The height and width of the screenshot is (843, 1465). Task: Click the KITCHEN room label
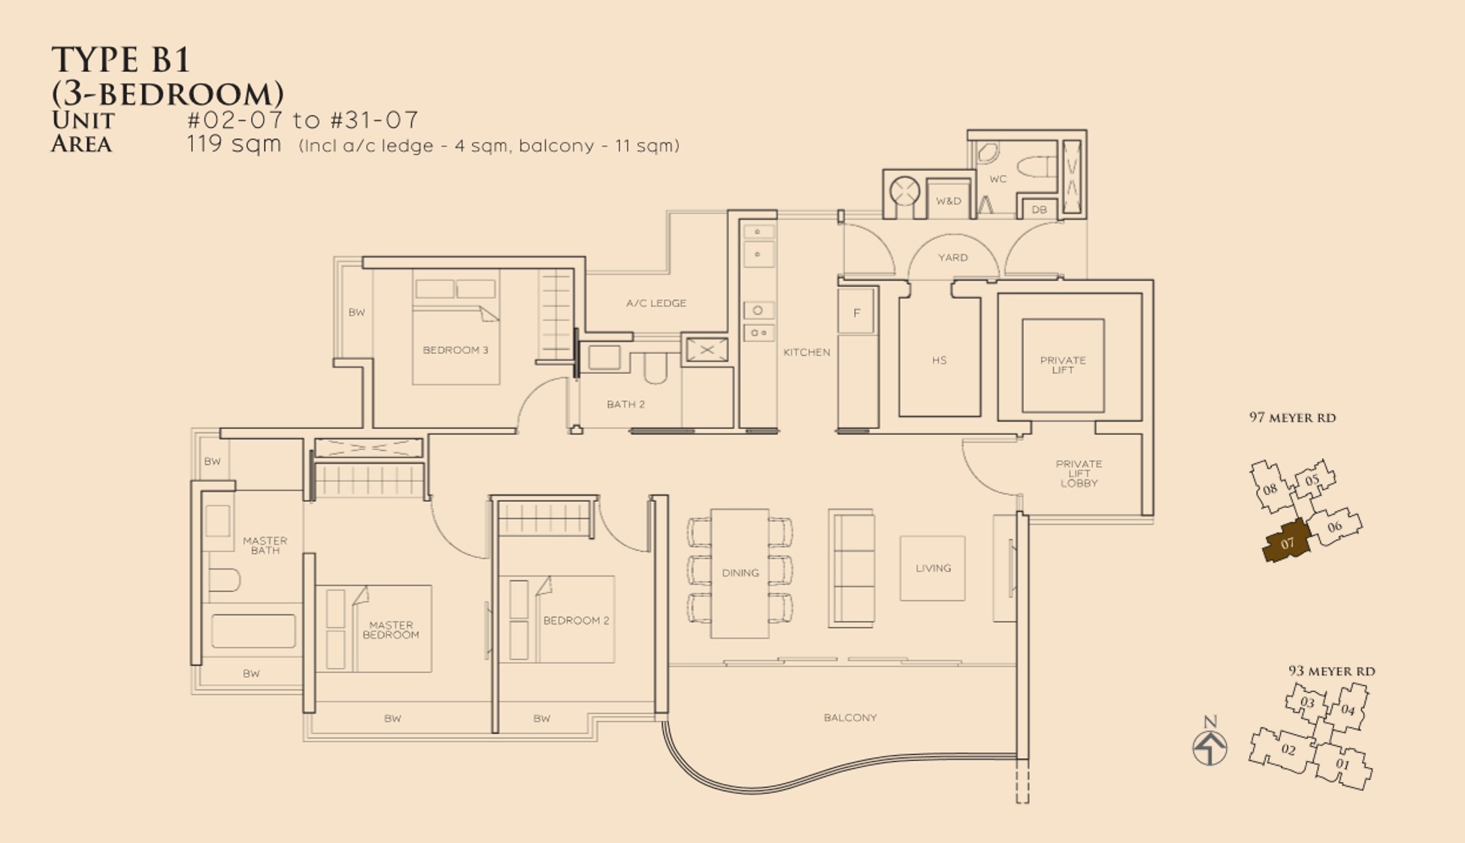coord(807,352)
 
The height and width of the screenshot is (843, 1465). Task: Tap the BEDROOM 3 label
coord(456,349)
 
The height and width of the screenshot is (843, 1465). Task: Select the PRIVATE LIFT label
coord(1063,365)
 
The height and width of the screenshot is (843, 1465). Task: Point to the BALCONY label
coord(850,718)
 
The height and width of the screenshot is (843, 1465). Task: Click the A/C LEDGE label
coord(656,303)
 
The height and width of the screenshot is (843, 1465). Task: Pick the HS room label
coord(939,360)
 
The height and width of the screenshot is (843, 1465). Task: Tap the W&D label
coord(949,201)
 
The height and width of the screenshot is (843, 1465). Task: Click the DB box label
coord(1039,210)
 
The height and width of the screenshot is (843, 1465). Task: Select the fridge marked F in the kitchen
coord(856,313)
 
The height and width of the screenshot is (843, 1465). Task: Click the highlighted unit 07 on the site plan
coord(1287,542)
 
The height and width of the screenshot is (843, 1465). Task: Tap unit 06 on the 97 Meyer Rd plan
coord(1335,527)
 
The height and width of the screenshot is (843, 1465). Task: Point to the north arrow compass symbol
coord(1209,747)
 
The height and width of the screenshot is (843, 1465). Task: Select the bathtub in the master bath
coord(253,631)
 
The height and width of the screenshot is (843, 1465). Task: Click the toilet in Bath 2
coord(655,368)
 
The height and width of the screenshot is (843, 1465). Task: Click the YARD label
coord(952,257)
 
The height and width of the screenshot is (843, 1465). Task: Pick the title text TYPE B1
coord(120,60)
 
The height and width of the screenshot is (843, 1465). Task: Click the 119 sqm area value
coord(234,144)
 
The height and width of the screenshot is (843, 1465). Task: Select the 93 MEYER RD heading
coord(1331,671)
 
